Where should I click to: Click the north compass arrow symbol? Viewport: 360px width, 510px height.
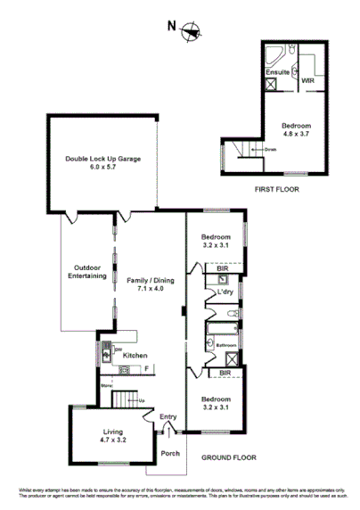click(189, 32)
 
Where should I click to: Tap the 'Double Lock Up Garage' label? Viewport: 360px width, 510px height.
click(102, 159)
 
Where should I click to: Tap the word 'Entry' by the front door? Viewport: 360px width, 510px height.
click(168, 416)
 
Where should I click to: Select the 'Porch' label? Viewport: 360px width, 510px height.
click(170, 453)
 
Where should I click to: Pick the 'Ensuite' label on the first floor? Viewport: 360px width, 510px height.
click(278, 72)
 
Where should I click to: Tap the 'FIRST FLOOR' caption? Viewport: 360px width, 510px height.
click(276, 190)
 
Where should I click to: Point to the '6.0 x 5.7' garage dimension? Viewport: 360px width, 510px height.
click(102, 168)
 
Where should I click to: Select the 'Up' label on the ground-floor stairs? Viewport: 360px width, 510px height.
click(141, 399)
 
